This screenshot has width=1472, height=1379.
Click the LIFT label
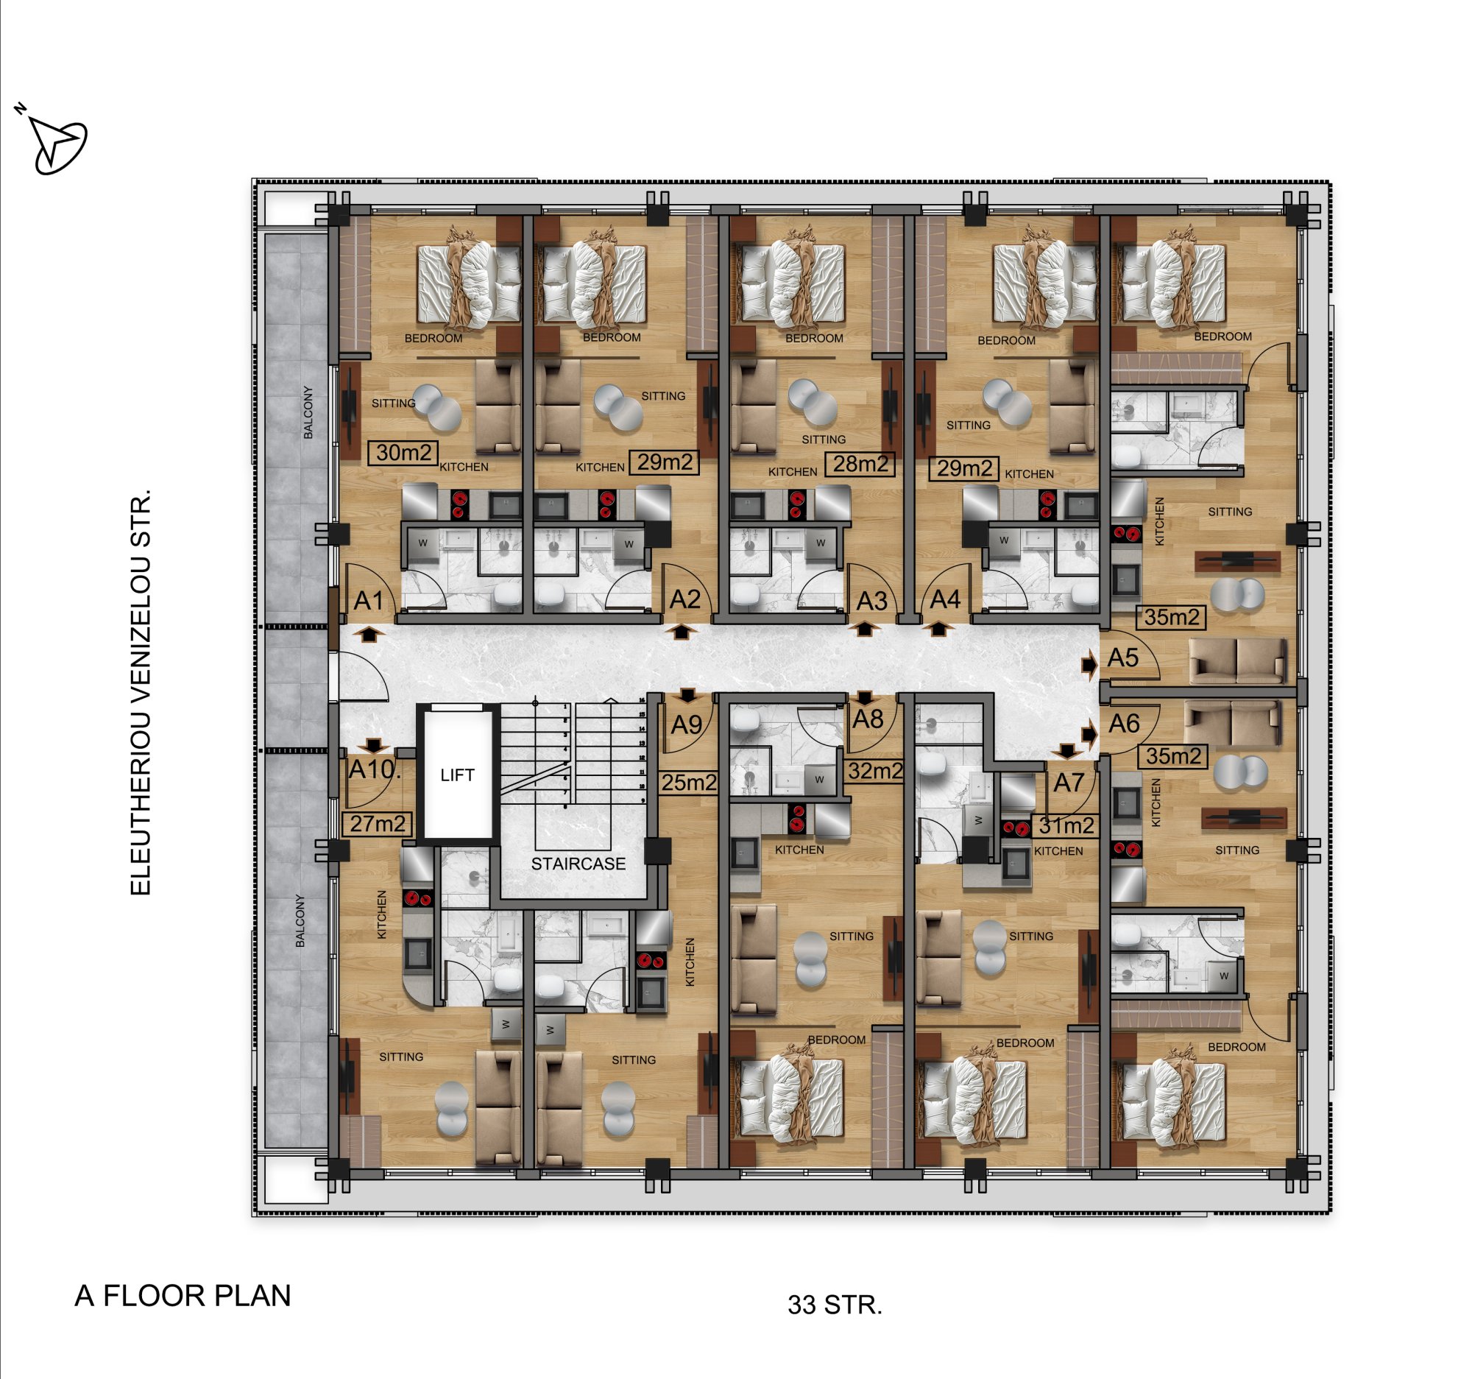[457, 775]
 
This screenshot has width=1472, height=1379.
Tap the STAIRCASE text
[578, 864]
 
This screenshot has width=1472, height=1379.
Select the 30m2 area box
[403, 453]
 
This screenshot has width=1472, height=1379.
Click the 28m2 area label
[860, 464]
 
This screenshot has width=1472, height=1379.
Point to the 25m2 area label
[689, 782]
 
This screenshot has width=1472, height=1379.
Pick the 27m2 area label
[378, 824]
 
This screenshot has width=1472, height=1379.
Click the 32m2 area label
[875, 771]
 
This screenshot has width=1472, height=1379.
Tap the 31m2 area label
[1066, 825]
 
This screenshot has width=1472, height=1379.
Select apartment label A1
[369, 601]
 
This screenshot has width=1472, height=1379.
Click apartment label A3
[871, 602]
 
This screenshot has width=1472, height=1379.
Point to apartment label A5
[1123, 657]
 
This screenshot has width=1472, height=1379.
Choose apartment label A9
[687, 724]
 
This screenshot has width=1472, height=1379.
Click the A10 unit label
[375, 769]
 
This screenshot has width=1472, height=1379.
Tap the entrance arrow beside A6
[1089, 734]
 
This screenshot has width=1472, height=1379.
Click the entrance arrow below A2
[682, 632]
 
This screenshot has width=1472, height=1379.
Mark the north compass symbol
[54, 141]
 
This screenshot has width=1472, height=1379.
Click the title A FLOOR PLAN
[183, 1295]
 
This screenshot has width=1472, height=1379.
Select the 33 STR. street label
[835, 1304]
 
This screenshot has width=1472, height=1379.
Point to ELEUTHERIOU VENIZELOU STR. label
[140, 692]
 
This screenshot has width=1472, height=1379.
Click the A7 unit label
[1069, 782]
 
